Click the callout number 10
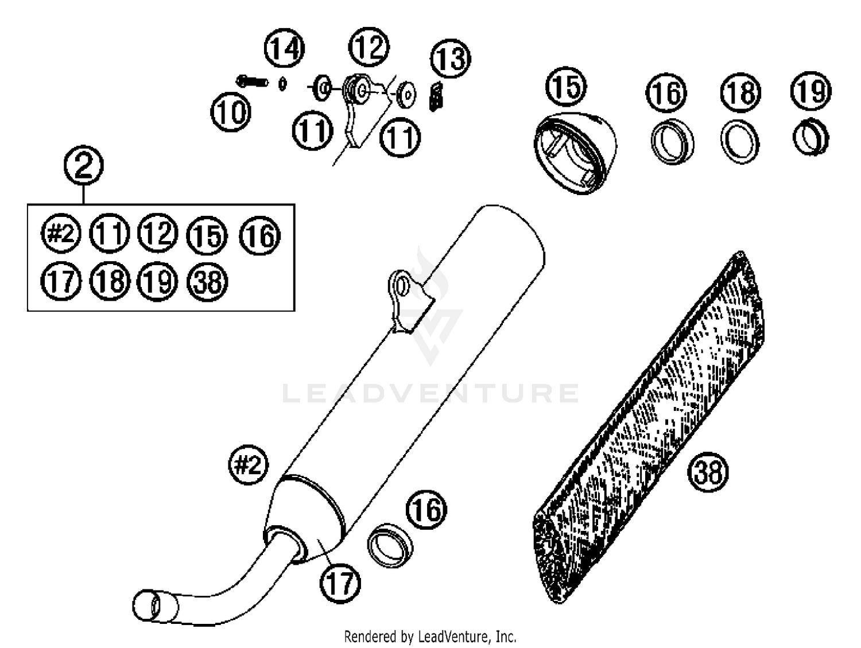tap(231, 112)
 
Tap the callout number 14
tap(284, 49)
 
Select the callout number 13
tap(451, 59)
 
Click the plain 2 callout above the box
tap(84, 166)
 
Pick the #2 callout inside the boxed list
tap(61, 234)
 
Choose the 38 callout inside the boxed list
tap(208, 282)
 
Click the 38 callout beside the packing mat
tap(708, 472)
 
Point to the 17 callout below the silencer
tap(340, 583)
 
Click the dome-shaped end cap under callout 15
tap(575, 152)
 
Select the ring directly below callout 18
tap(740, 142)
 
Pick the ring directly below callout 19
tap(811, 137)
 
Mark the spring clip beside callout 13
tap(437, 95)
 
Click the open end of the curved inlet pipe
tap(147, 605)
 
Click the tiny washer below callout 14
tap(282, 84)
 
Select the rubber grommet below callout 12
tap(356, 91)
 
